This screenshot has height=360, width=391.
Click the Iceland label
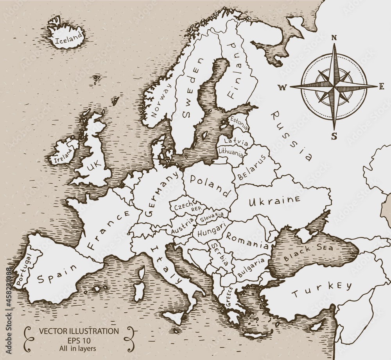pyautogui.click(x=70, y=38)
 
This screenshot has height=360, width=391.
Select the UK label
pyautogui.click(x=94, y=167)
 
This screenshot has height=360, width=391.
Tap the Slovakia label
pyautogui.click(x=212, y=217)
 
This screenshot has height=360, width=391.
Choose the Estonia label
pyautogui.click(x=239, y=123)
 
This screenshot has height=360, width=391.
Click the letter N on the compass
pyautogui.click(x=334, y=38)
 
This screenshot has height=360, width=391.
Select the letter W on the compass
pyautogui.click(x=282, y=88)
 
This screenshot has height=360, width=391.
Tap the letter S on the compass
pyautogui.click(x=334, y=136)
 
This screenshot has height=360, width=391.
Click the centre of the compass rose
pyautogui.click(x=334, y=86)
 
